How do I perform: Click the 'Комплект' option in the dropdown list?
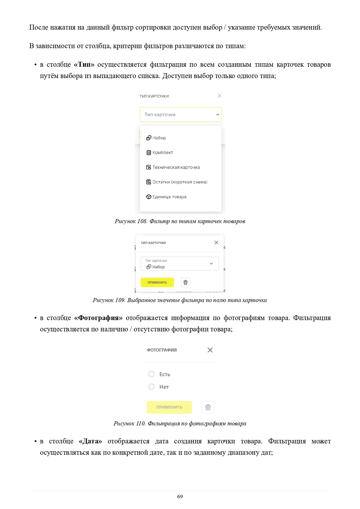coord(162,153)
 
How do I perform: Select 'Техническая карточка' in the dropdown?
coord(176,167)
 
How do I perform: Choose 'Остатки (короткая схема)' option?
coord(180,182)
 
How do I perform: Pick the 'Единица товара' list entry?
coord(169,197)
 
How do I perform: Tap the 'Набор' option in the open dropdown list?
coord(159,138)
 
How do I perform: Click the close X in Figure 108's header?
coord(220,96)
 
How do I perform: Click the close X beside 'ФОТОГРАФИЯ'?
coord(210,350)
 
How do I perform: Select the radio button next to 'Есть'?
coord(151,374)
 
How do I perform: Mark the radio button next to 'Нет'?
coord(151,387)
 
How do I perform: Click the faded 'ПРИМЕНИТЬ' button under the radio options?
coord(169,407)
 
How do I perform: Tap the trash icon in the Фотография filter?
coord(208,407)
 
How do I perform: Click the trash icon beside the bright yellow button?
coord(186,282)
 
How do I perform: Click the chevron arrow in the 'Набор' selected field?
coord(211,264)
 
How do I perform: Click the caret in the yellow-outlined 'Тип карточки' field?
coord(218,115)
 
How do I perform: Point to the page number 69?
coord(180,497)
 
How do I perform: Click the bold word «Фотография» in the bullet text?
coord(98,318)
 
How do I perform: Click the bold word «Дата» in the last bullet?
coord(90,441)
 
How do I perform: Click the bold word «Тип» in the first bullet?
coord(84,65)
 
